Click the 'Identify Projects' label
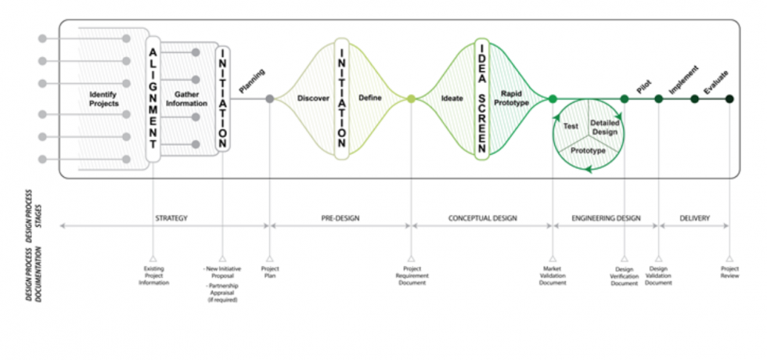coord(104,99)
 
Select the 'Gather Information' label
coord(186,99)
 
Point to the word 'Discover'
coord(313,99)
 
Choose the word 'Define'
coord(369,99)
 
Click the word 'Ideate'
coord(452,99)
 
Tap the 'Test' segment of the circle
coord(571,124)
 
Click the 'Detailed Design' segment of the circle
coord(604,128)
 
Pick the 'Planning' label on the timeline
coord(252,81)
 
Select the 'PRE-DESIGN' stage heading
coord(340,218)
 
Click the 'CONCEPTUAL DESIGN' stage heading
coord(483,218)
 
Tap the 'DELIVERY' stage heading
coord(695,218)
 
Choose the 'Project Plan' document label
coord(270,272)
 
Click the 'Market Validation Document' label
coord(553,275)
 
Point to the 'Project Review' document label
coord(729,272)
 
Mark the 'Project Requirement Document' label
coord(411,275)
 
